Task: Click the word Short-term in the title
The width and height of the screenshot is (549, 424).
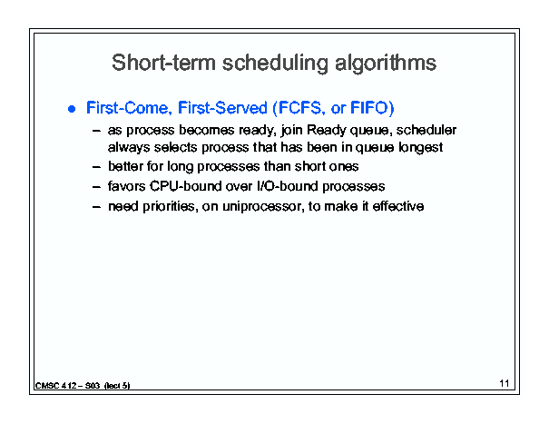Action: [163, 63]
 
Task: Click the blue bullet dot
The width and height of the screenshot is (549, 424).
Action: [72, 109]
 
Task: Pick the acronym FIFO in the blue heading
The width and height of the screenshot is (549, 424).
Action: [369, 107]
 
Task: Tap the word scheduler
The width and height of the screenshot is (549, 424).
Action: [426, 130]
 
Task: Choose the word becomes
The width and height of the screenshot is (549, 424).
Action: [206, 130]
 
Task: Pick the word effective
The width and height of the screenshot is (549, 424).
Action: [398, 206]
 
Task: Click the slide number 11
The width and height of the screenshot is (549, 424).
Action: [505, 383]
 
